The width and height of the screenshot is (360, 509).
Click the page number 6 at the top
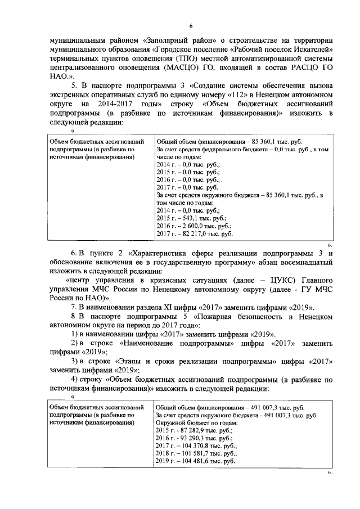tap(191, 26)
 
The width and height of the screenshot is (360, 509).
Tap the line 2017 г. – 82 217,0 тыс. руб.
tap(190, 233)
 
